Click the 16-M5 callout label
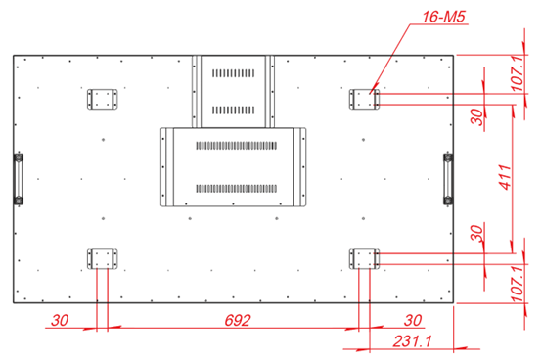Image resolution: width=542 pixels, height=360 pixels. (x=444, y=17)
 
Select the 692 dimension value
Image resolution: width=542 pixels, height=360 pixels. (x=237, y=320)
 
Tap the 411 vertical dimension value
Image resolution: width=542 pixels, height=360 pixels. (x=506, y=177)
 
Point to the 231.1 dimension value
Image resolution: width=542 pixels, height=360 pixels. (x=413, y=341)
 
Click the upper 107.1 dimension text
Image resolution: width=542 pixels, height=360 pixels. (x=518, y=73)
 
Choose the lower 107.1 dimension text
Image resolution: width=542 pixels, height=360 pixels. (x=518, y=284)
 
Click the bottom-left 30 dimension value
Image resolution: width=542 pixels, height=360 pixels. (x=60, y=320)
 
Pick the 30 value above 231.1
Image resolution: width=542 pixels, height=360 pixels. (x=413, y=320)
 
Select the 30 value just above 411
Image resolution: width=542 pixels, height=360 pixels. (x=477, y=116)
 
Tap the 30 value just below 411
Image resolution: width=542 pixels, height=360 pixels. (x=477, y=233)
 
